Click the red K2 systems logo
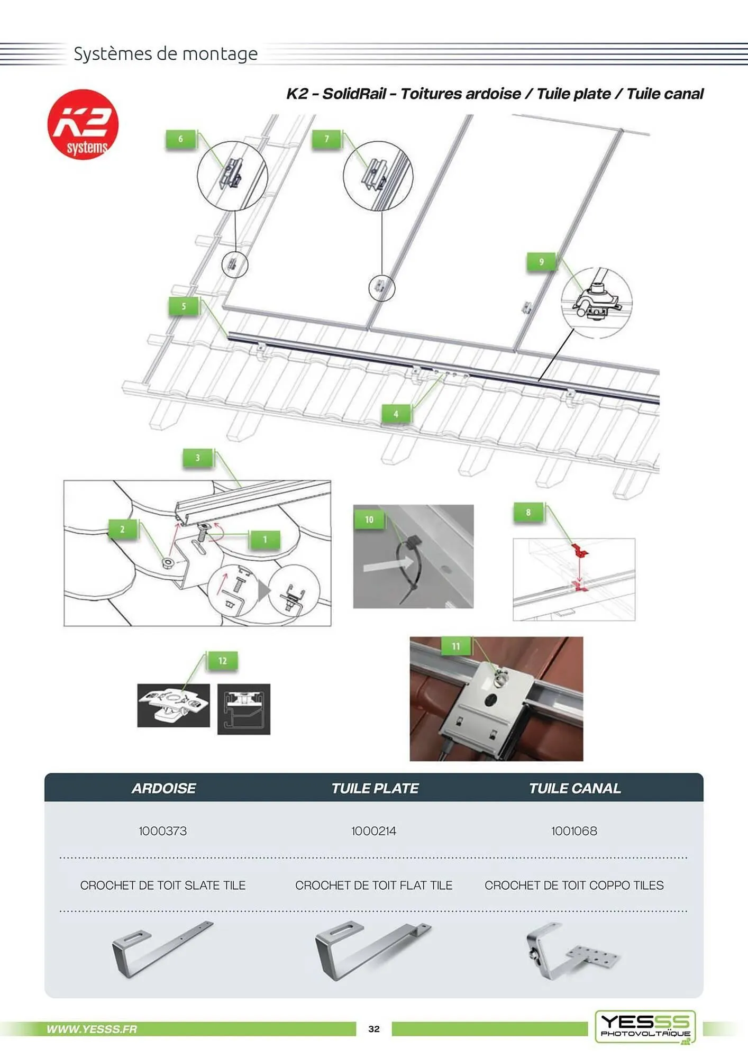[x=83, y=124]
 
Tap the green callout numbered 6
[x=180, y=139]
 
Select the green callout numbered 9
[x=541, y=262]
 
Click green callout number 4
[x=396, y=414]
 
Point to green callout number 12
[x=222, y=661]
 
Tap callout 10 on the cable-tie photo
[x=369, y=519]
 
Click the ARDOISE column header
[x=163, y=788]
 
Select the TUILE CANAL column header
[x=574, y=788]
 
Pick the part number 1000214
[x=373, y=831]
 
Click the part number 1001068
[x=574, y=831]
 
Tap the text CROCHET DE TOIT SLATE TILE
[x=163, y=885]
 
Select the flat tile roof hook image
[x=372, y=951]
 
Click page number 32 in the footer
[x=374, y=1029]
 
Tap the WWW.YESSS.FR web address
[x=92, y=1029]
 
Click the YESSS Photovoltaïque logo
[x=645, y=1027]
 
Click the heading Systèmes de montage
[x=166, y=53]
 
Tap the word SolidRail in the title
[x=354, y=94]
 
